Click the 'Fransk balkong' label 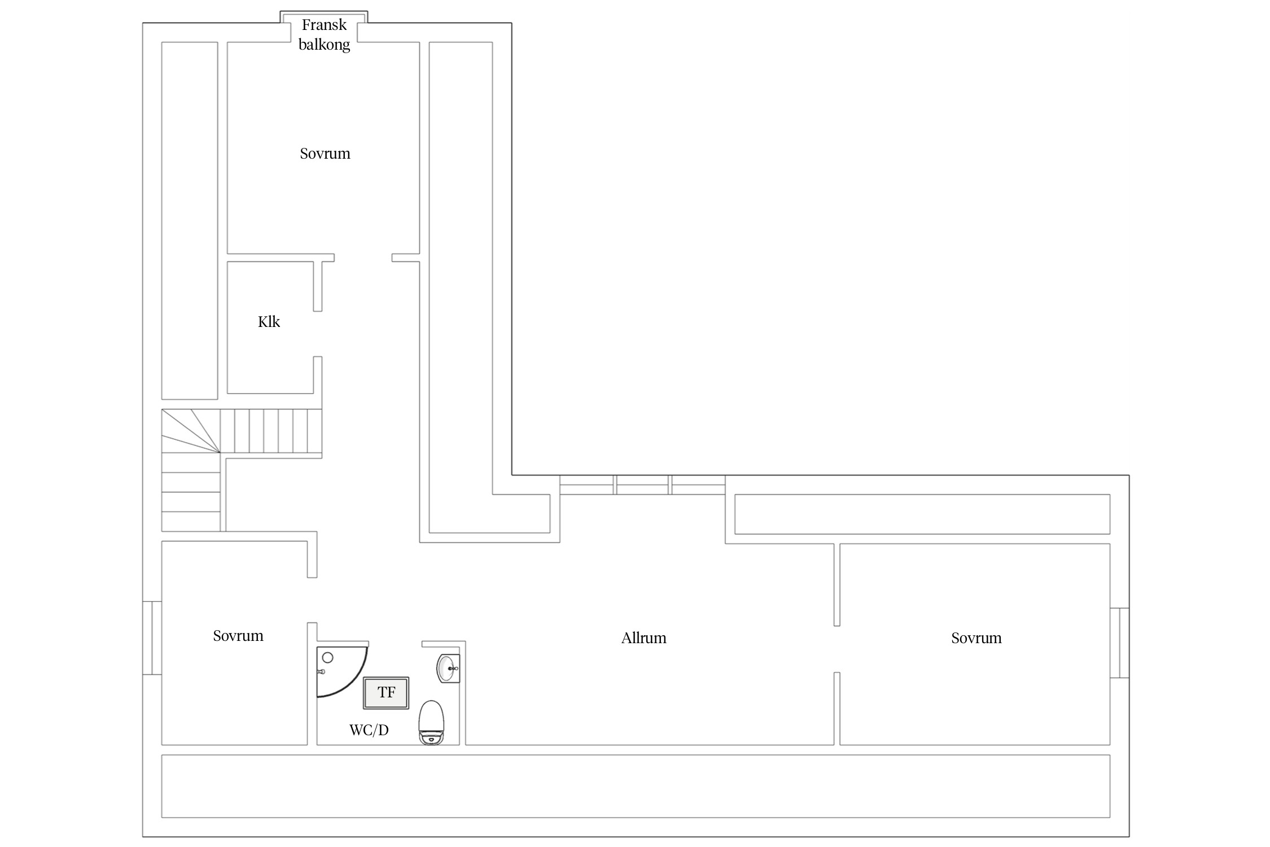click(324, 34)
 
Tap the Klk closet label click(269, 322)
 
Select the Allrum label click(643, 638)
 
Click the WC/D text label click(369, 730)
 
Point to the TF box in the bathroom click(386, 693)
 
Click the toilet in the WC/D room click(431, 723)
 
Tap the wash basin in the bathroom click(448, 669)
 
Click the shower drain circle click(327, 658)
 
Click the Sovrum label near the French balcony click(325, 154)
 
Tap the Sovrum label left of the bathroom click(238, 636)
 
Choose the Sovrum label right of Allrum click(976, 638)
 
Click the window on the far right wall click(1120, 643)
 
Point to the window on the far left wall click(152, 638)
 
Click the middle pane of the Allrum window click(642, 485)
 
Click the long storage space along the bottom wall click(636, 786)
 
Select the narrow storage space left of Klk click(190, 221)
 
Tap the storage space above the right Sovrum click(922, 514)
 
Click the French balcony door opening click(324, 27)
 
